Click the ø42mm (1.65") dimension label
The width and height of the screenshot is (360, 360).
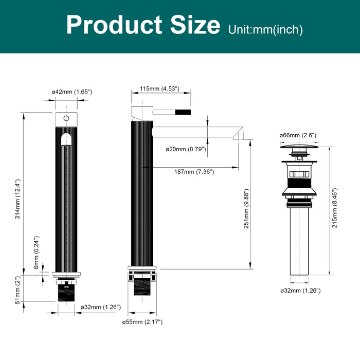point(72,92)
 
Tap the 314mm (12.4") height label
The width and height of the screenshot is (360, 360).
point(18,199)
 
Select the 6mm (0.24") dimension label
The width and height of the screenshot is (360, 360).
point(37,253)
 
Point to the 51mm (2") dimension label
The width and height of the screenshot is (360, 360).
point(18,290)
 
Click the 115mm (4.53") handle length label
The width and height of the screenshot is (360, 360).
point(159,88)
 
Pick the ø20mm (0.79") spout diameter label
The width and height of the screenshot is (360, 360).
point(186,149)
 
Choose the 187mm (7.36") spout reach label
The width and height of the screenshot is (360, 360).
point(194,172)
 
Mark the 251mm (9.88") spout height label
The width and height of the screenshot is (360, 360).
point(246,209)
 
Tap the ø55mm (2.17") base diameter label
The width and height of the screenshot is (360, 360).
point(142,322)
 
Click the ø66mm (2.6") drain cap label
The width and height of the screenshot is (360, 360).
point(298,135)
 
